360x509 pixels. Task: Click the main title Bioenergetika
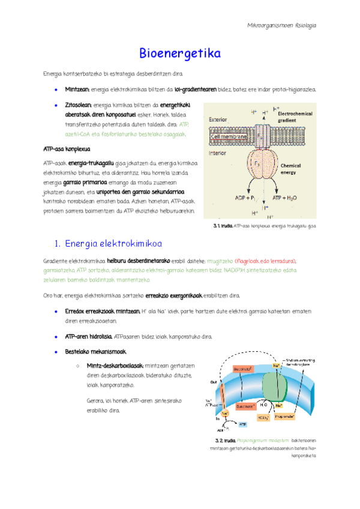180,54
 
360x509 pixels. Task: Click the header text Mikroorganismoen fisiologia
281,26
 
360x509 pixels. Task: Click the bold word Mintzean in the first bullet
77,89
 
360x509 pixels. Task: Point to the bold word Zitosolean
78,105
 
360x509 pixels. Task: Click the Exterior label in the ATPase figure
218,119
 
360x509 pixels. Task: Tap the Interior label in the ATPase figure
217,153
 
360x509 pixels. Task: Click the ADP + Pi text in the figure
247,197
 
